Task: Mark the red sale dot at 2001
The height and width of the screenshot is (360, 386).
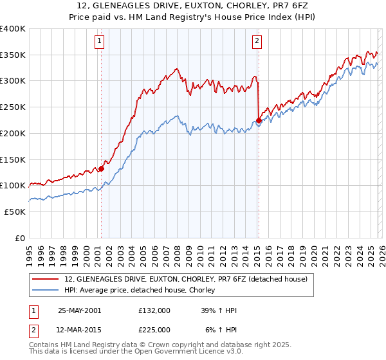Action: (x=101, y=169)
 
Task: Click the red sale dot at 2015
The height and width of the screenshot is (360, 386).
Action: (x=258, y=120)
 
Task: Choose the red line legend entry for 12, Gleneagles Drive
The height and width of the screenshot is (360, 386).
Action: (x=187, y=279)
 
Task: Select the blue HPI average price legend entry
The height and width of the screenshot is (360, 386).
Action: (x=142, y=291)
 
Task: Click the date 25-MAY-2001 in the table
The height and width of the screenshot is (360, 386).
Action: (x=79, y=310)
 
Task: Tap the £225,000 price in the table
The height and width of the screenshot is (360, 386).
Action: (x=154, y=328)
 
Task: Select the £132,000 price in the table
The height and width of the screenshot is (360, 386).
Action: (x=154, y=310)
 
